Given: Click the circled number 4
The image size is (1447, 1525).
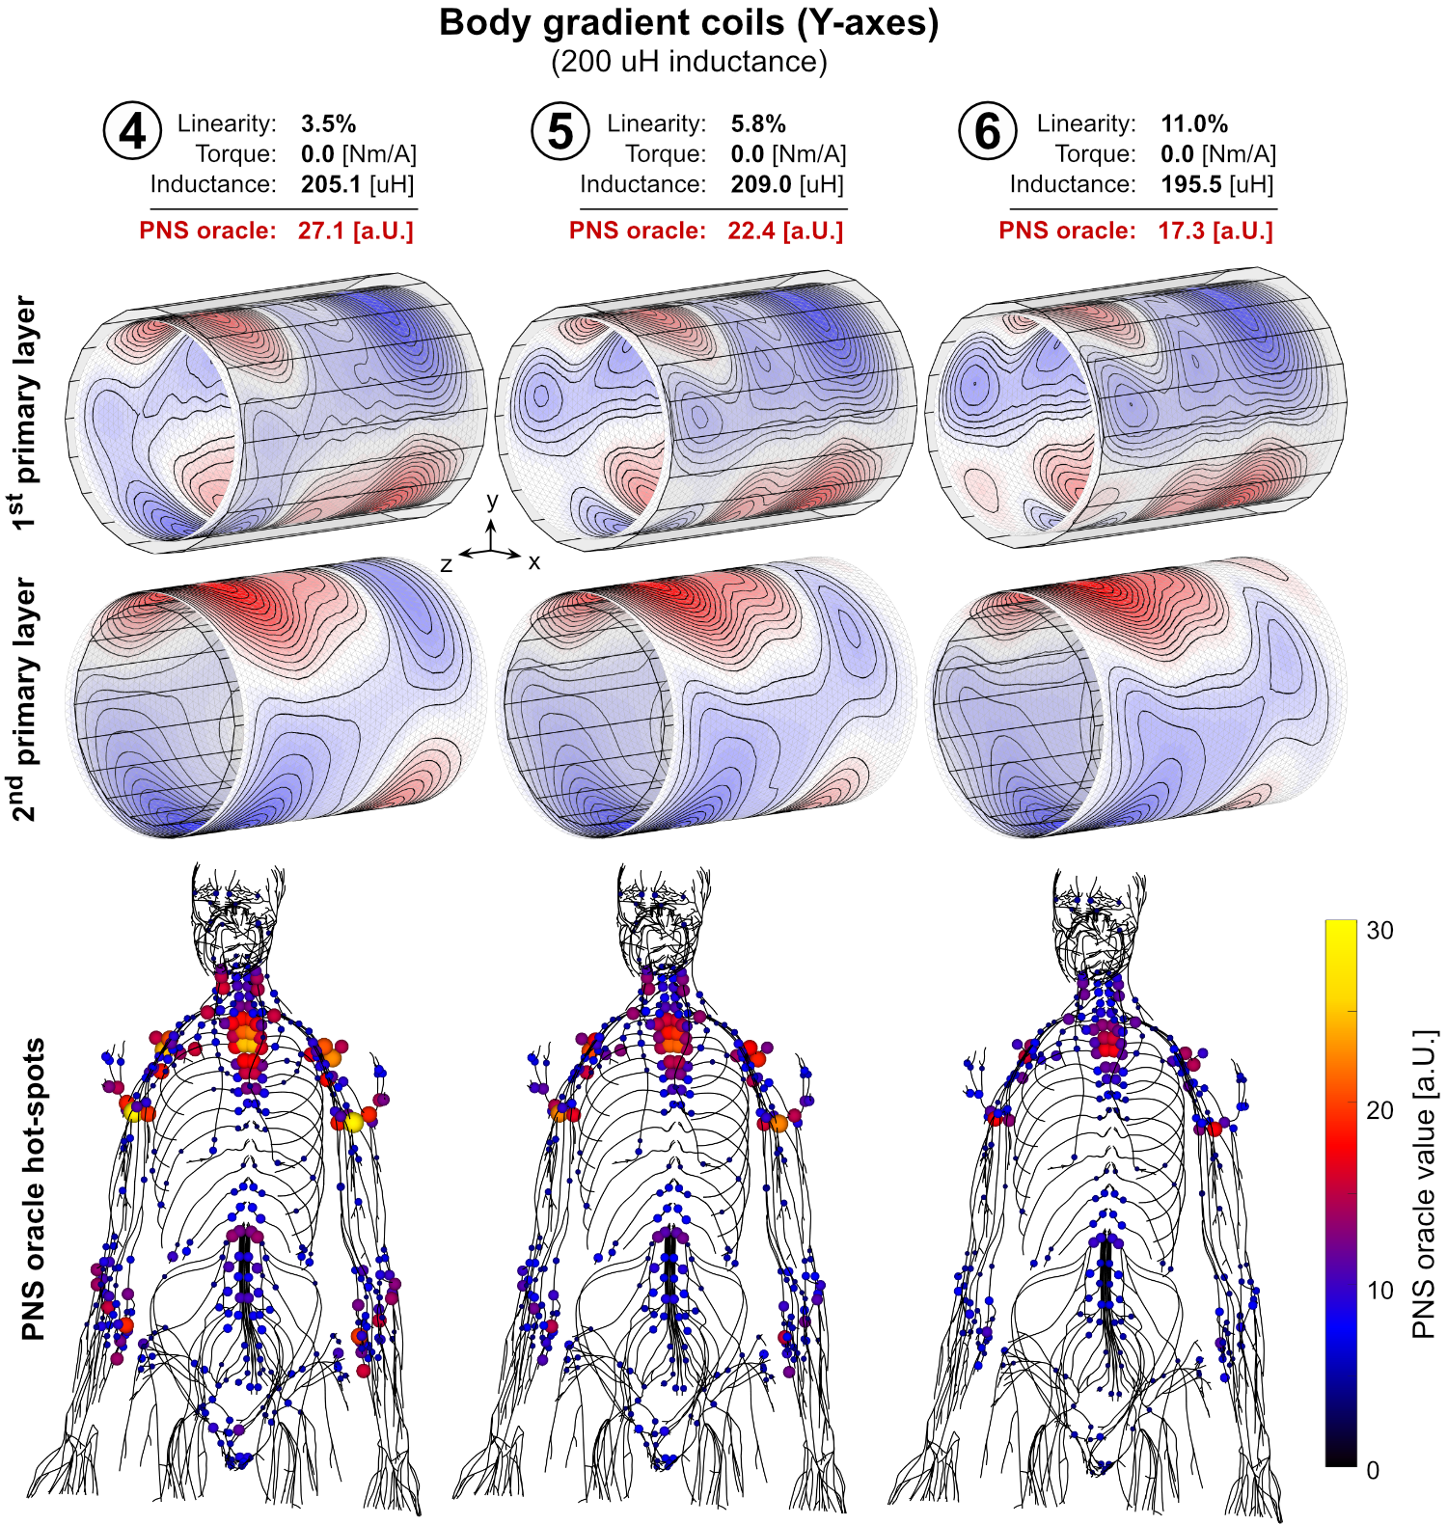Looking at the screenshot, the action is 132,132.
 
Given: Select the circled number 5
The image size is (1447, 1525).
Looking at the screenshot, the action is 560,132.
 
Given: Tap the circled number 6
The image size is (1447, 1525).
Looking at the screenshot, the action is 988,132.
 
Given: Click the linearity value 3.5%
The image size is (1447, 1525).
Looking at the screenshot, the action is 328,124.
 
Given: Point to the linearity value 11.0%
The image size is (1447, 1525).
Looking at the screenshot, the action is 1194,124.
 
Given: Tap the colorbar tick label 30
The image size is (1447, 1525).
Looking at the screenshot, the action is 1379,931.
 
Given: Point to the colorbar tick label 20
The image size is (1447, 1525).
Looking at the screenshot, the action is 1379,1111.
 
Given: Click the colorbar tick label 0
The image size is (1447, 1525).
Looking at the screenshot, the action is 1373,1471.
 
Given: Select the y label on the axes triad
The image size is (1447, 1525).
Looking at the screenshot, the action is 493,501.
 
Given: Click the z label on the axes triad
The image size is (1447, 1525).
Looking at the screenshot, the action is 446,564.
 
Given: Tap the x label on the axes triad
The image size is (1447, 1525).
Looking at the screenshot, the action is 534,562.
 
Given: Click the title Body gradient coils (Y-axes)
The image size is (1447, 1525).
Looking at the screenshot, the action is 689,23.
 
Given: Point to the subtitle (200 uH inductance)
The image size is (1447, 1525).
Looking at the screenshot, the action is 689,62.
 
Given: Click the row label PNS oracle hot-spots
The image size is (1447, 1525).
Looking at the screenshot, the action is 34,1189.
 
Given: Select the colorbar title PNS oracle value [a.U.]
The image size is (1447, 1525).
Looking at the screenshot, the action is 1424,1185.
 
